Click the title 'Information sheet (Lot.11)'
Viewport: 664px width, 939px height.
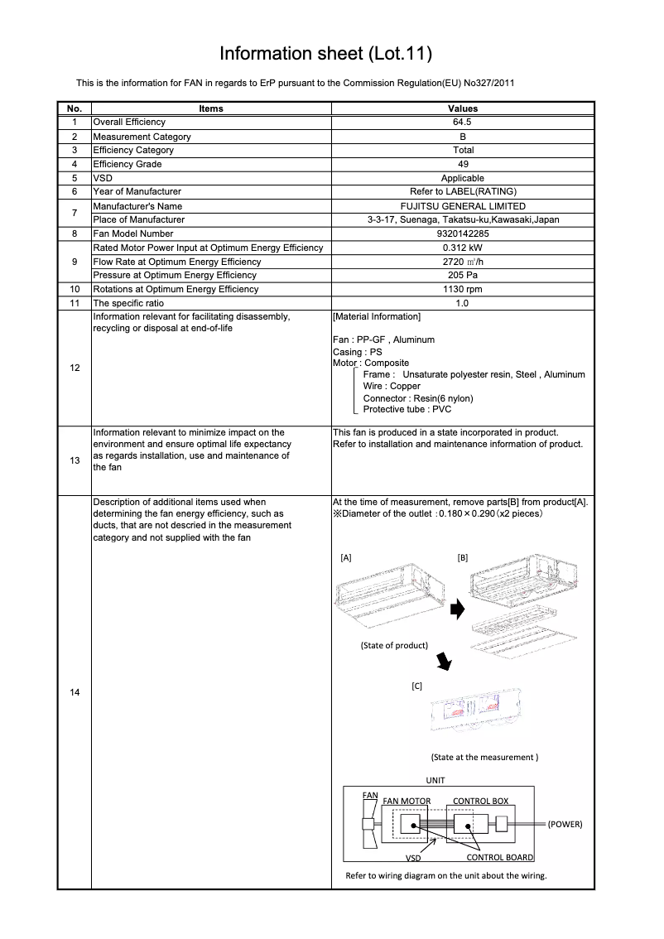325,54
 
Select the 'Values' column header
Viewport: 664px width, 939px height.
463,108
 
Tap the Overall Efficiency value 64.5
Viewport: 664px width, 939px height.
463,122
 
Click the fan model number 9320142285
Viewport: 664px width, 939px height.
463,234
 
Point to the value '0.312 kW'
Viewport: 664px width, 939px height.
463,248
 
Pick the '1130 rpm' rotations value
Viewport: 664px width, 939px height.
463,289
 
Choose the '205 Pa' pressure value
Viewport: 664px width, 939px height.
463,275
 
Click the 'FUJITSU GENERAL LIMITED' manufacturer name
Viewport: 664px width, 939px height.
463,206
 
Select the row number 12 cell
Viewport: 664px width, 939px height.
75,367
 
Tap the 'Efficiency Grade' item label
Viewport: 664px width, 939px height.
128,164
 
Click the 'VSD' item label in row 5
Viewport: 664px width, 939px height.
103,178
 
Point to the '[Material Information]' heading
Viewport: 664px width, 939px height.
376,317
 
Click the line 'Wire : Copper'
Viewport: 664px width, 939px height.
392,386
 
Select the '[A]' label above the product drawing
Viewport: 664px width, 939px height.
346,558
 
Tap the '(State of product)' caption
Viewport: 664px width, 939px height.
394,645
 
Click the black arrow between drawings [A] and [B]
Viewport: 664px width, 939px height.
456,610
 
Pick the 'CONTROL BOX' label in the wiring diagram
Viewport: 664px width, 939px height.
480,802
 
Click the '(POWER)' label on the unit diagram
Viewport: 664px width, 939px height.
565,825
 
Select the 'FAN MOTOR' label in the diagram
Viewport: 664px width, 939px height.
407,802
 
